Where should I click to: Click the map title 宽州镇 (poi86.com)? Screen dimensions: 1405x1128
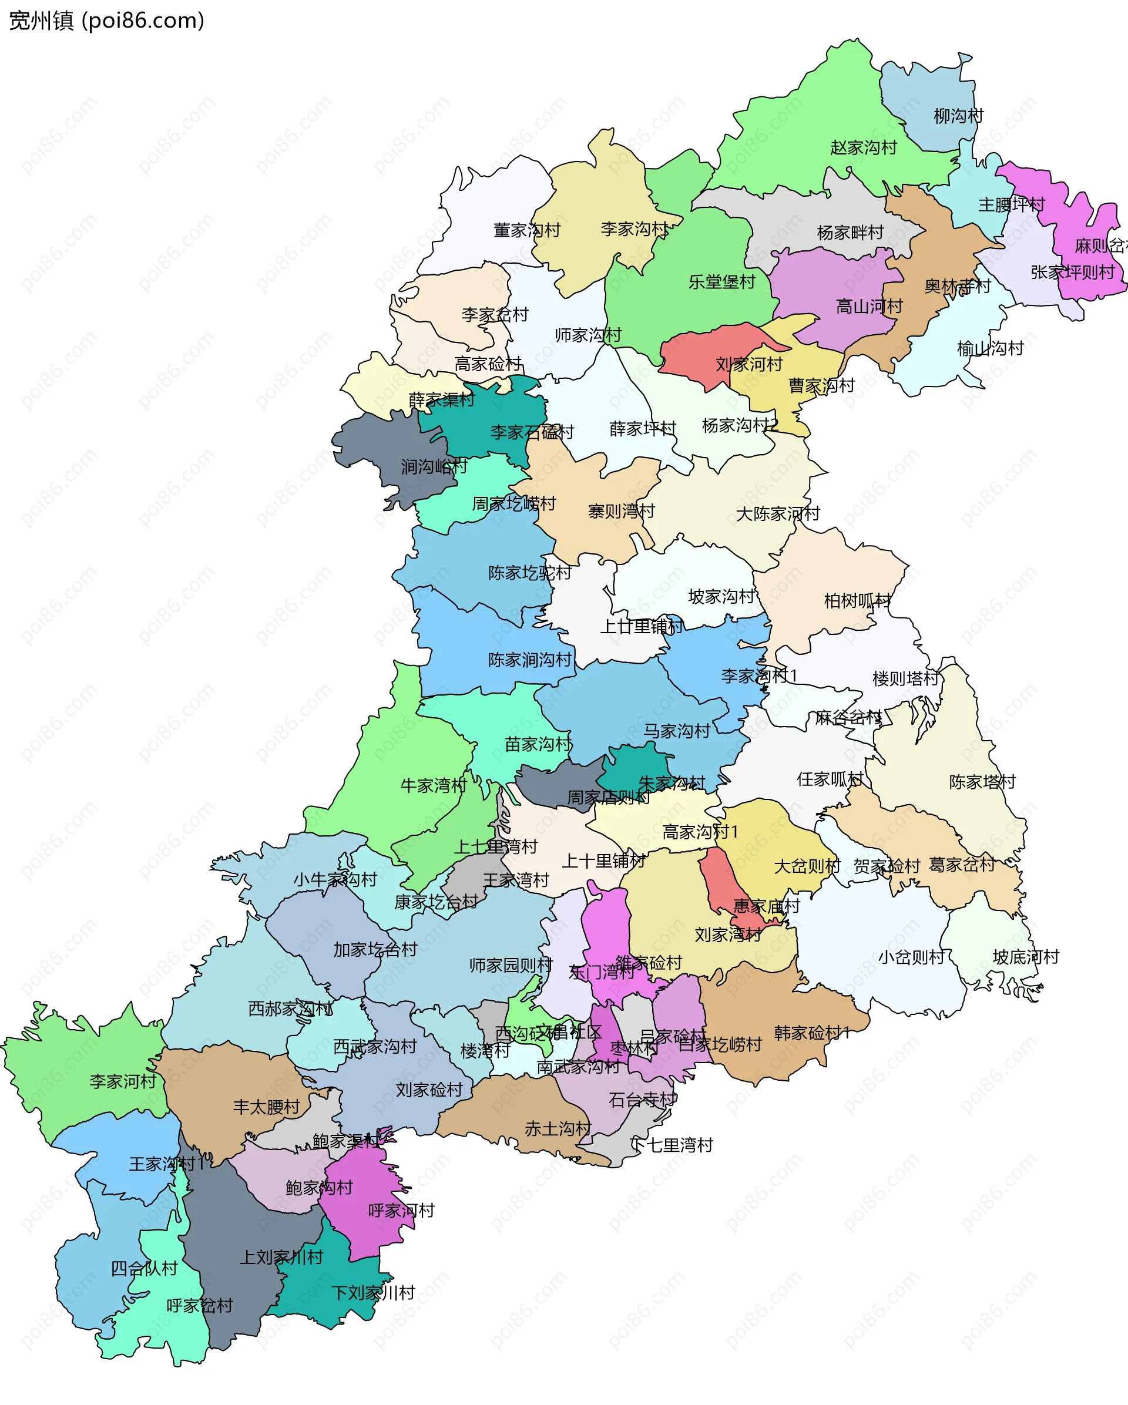[106, 21]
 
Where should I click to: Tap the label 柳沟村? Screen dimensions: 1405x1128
[958, 116]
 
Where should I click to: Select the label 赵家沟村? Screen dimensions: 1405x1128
[864, 147]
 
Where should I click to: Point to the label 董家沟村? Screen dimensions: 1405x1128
[526, 230]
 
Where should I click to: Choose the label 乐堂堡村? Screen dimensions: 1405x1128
[721, 281]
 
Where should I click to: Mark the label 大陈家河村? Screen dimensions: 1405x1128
[777, 513]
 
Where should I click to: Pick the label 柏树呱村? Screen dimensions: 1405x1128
[857, 600]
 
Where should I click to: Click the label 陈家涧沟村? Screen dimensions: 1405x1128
[529, 660]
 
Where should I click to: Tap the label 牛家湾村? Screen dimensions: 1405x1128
[434, 785]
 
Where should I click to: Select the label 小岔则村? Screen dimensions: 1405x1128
[911, 957]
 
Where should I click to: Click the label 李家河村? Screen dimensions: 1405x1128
[123, 1081]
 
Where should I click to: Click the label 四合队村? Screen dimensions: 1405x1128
[144, 1268]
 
